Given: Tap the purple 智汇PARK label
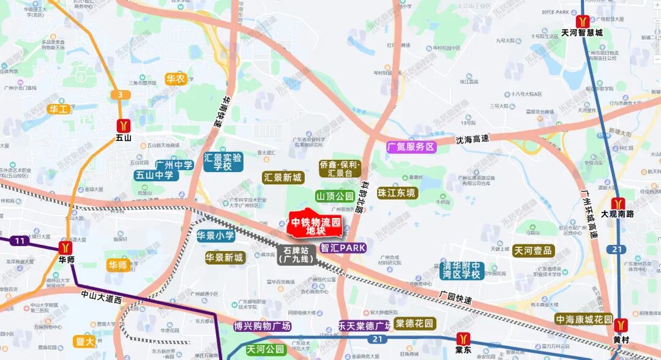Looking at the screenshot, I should (343, 248).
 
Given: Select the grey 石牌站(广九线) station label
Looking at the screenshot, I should (296, 255).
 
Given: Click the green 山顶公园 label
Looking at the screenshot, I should (335, 196).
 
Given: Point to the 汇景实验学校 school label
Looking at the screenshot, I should (223, 162).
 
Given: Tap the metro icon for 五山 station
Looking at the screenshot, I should (124, 124).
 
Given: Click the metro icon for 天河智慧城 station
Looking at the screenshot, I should (581, 21).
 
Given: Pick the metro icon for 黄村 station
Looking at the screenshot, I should (621, 325).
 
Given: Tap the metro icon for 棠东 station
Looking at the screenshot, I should (463, 338).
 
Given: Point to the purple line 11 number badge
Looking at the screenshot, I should (20, 241).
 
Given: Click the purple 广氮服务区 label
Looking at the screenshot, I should (411, 147).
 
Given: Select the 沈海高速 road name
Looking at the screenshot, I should (472, 139).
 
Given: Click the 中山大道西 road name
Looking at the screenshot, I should (102, 297).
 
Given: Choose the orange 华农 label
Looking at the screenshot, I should (176, 78).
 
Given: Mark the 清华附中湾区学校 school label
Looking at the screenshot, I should (463, 270).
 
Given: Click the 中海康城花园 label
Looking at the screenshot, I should (583, 319).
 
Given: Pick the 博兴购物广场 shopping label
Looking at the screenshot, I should (262, 326).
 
